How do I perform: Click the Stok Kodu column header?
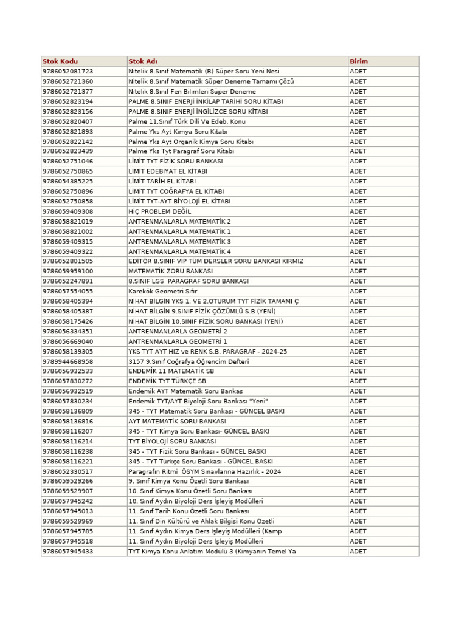[x=60, y=61]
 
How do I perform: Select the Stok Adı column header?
[x=143, y=61]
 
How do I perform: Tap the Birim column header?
[x=359, y=61]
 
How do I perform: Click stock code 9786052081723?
[x=67, y=71]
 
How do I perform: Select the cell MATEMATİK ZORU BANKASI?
[x=170, y=271]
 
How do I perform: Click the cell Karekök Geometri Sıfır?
[x=163, y=291]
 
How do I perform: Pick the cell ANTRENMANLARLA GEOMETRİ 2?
[x=178, y=331]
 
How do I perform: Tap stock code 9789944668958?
[x=67, y=361]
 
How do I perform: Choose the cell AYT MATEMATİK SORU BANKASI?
[x=177, y=421]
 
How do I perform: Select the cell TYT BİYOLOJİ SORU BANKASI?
[x=172, y=441]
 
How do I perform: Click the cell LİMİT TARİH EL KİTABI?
[x=162, y=181]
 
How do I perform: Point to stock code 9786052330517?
[x=67, y=471]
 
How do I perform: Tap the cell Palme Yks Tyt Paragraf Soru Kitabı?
[x=181, y=151]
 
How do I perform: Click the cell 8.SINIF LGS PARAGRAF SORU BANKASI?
[x=189, y=281]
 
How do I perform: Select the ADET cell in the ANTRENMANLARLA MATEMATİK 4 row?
[x=358, y=251]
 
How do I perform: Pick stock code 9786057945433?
[x=67, y=552]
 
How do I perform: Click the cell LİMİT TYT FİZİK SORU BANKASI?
[x=175, y=161]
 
